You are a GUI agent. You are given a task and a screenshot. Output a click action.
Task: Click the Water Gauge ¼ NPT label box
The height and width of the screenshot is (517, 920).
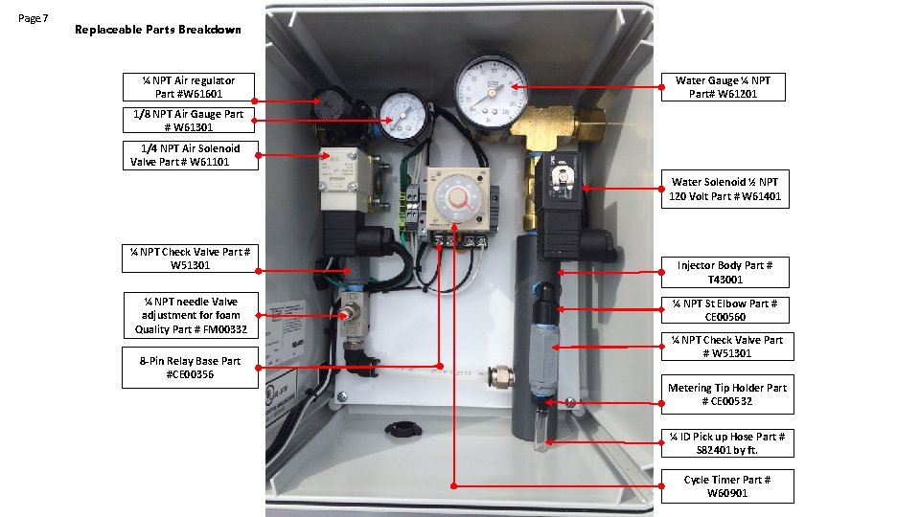pyautogui.click(x=724, y=87)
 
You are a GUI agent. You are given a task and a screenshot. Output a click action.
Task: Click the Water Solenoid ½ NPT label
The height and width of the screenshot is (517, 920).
pyautogui.click(x=724, y=190)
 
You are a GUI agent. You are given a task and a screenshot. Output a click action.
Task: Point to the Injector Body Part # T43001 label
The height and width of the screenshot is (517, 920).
pyautogui.click(x=724, y=272)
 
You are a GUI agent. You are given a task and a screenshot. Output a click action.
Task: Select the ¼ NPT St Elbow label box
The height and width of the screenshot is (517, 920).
pyautogui.click(x=724, y=310)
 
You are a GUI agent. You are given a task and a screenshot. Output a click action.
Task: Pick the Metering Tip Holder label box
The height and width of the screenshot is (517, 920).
pyautogui.click(x=726, y=394)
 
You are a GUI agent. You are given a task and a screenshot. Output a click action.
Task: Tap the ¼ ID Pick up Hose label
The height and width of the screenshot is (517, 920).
pyautogui.click(x=726, y=443)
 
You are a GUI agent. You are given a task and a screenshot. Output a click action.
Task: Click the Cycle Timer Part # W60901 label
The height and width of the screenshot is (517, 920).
pyautogui.click(x=726, y=486)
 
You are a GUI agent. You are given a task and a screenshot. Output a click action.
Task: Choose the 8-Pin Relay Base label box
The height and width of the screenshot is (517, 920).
pyautogui.click(x=190, y=368)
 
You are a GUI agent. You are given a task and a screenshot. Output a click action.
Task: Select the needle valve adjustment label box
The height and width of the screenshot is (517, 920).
pyautogui.click(x=190, y=315)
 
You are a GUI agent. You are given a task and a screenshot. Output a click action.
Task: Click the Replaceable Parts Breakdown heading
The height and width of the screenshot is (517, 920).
pyautogui.click(x=158, y=30)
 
